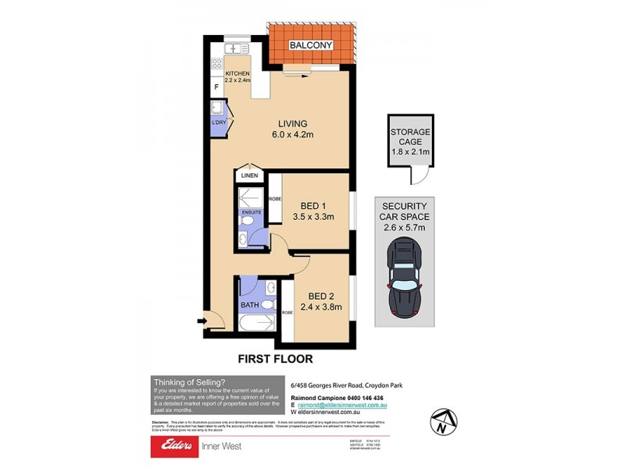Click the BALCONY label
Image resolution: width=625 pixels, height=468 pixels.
tap(312, 46)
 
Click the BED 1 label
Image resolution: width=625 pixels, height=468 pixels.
tap(308, 206)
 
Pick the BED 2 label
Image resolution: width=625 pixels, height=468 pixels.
tap(321, 296)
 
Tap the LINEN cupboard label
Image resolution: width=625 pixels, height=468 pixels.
tap(249, 176)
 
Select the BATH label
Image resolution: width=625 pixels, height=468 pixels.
tap(250, 305)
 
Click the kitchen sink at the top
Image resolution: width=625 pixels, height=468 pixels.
tap(235, 48)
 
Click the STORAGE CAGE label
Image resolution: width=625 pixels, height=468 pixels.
tap(410, 137)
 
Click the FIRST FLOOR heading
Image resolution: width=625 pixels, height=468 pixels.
tap(275, 360)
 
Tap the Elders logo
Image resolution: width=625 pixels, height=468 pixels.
tap(178, 445)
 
